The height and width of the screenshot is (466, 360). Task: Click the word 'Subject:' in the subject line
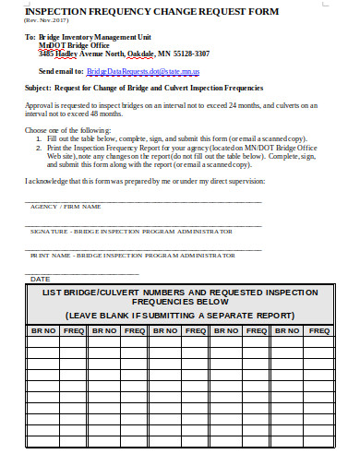39,88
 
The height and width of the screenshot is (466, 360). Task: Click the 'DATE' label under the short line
41,278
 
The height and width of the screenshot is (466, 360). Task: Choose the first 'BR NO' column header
42,329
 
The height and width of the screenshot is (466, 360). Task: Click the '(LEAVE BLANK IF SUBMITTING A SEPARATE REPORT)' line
180,315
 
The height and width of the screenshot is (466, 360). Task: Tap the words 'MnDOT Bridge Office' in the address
74,44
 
